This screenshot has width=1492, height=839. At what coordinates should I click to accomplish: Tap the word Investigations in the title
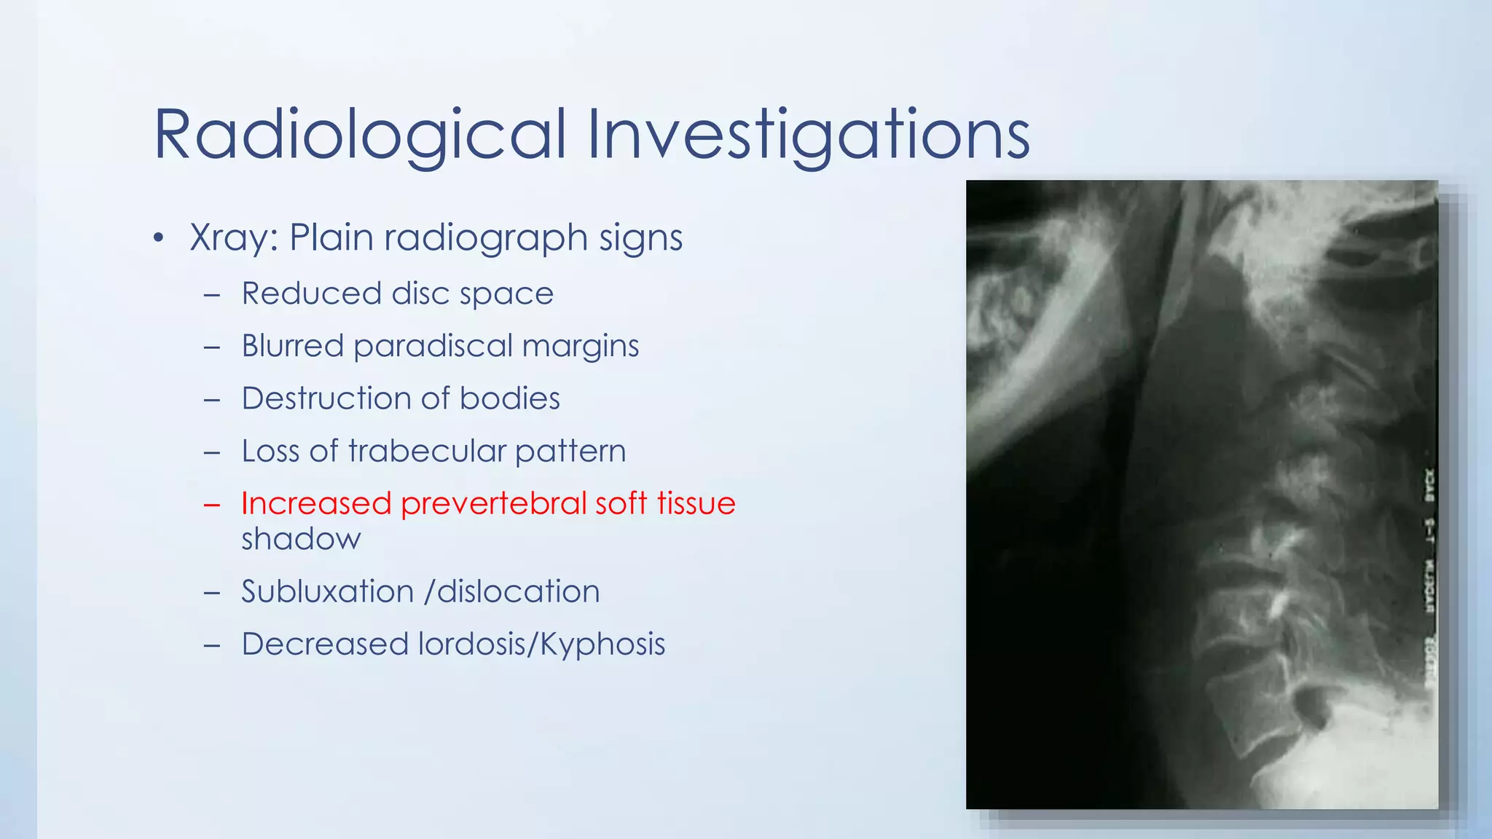pyautogui.click(x=808, y=135)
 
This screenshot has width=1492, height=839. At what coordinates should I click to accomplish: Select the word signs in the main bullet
pyautogui.click(x=640, y=238)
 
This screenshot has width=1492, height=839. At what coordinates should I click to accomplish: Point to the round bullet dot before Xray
pyautogui.click(x=159, y=238)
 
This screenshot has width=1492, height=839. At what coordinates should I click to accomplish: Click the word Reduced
pyautogui.click(x=311, y=294)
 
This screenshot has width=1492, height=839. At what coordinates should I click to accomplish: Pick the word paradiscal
pyautogui.click(x=433, y=347)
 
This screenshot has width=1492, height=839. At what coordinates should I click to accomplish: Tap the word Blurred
pyautogui.click(x=292, y=346)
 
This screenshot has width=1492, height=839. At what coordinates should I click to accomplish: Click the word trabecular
pyautogui.click(x=426, y=452)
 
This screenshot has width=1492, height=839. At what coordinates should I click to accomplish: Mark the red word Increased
pyautogui.click(x=316, y=504)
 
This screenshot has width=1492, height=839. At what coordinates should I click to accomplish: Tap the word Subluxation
pyautogui.click(x=327, y=591)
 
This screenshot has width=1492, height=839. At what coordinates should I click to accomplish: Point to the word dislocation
pyautogui.click(x=518, y=591)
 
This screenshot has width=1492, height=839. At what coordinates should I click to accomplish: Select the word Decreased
pyautogui.click(x=325, y=645)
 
